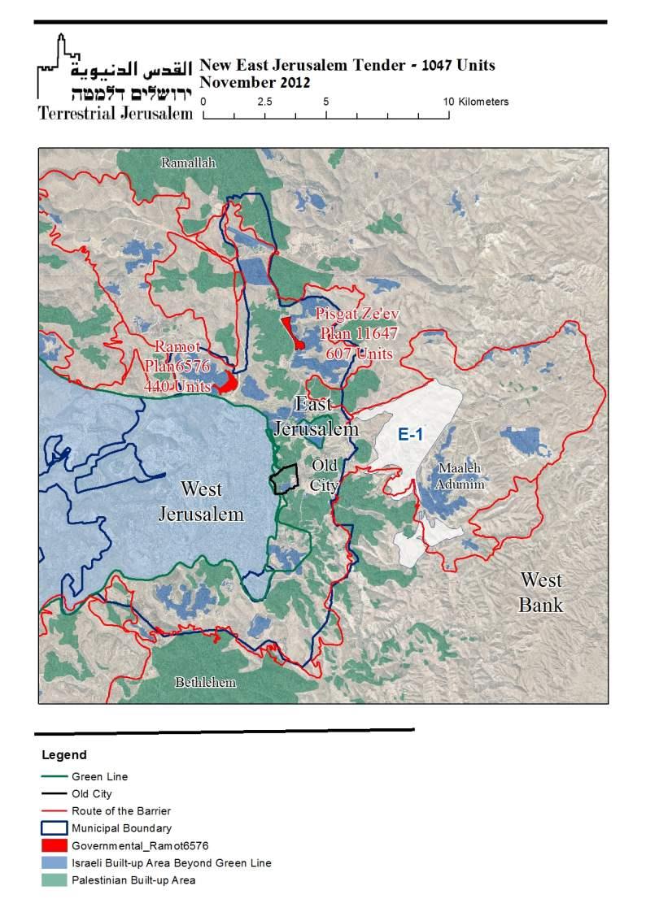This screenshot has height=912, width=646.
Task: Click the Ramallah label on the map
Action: point(188,163)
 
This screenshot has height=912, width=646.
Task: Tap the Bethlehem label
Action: point(205,683)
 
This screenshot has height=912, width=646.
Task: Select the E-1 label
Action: point(410,435)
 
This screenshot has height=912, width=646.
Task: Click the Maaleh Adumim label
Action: point(460,476)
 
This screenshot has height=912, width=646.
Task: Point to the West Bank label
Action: point(541,593)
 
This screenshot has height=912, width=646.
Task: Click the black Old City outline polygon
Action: point(283,480)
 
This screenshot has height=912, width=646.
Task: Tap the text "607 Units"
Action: point(360,354)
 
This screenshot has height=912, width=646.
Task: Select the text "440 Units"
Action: point(177,387)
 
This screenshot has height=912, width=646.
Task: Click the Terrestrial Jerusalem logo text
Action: point(115,113)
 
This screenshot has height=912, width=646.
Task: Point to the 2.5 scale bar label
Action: point(264,102)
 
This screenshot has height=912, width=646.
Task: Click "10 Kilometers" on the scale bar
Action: point(476,102)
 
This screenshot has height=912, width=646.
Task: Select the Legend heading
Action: point(63,755)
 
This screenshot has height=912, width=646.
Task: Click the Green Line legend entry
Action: point(99,776)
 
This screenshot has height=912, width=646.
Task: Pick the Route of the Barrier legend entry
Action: point(121,810)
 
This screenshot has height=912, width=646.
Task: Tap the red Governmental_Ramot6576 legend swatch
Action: point(54,845)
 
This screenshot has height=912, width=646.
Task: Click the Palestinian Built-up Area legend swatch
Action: point(54,880)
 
